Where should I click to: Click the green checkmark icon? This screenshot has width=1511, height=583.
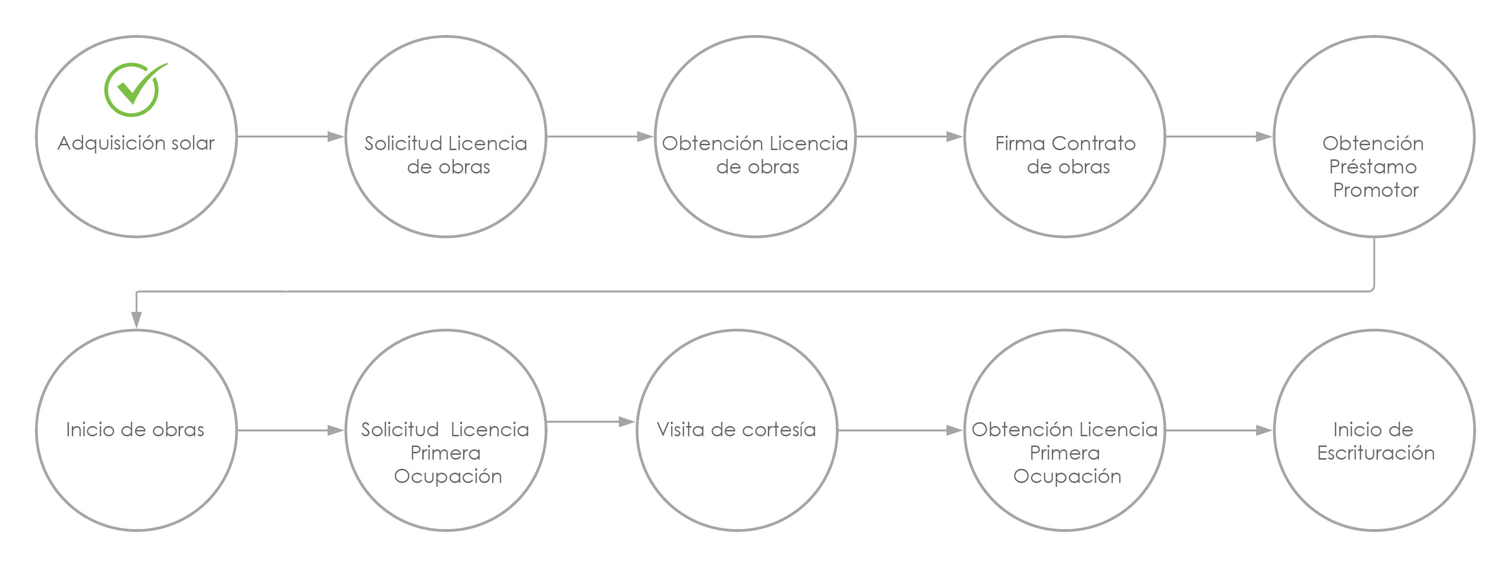click(x=134, y=89)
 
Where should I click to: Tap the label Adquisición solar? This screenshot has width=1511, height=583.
click(x=136, y=144)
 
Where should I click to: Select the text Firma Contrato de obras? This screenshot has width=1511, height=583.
click(x=1066, y=155)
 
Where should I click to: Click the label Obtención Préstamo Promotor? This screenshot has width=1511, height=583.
click(x=1374, y=167)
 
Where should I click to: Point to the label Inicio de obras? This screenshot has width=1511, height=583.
click(x=135, y=430)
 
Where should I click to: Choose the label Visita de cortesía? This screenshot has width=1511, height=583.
click(x=736, y=430)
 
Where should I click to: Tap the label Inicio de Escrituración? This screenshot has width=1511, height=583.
click(x=1375, y=441)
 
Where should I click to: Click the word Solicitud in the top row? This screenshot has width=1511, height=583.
click(x=403, y=143)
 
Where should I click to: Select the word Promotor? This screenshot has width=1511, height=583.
click(x=1376, y=190)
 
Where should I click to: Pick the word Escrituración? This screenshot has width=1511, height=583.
click(x=1376, y=453)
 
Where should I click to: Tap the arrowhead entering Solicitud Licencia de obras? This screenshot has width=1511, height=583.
click(x=335, y=137)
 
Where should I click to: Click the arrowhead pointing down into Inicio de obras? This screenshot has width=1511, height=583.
click(x=137, y=320)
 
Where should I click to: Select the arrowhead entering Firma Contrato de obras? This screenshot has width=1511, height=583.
click(x=955, y=137)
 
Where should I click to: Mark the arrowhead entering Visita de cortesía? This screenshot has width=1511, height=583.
click(x=627, y=422)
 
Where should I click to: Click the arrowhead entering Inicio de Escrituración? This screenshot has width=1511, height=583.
click(x=1264, y=430)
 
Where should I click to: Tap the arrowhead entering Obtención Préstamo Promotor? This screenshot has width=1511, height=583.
click(x=1264, y=137)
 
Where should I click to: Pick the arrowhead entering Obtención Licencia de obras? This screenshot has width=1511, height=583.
click(x=645, y=137)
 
